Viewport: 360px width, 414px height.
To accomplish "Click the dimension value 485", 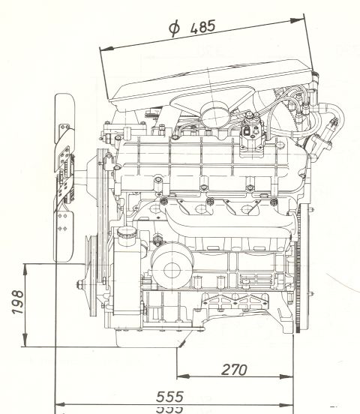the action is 202,27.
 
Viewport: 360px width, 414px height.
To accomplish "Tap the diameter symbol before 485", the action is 174,28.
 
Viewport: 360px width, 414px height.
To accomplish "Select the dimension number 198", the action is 18,301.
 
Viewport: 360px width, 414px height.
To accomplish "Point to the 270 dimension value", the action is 234,370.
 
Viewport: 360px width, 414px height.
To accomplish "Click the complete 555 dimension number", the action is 169,397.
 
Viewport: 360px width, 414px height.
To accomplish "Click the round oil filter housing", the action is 172,270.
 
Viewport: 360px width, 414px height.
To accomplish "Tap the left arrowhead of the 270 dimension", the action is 183,376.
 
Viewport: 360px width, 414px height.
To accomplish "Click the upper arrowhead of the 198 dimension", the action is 25,270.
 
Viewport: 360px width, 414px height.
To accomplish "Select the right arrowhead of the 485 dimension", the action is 296,20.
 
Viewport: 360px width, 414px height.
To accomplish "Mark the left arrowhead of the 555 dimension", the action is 60,405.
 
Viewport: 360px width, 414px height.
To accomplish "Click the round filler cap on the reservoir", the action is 127,232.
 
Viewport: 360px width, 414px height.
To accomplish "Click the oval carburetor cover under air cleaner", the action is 215,113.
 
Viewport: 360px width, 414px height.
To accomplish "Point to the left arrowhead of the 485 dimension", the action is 107,49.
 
